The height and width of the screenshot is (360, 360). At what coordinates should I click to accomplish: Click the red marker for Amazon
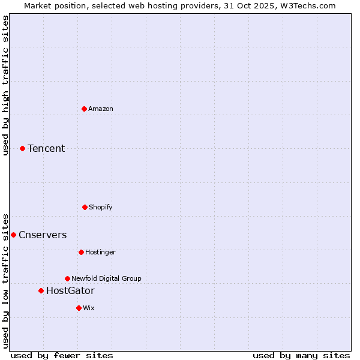coord(84,109)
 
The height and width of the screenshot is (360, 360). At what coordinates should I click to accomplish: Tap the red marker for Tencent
coord(22,148)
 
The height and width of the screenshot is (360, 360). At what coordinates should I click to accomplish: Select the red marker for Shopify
coord(85,207)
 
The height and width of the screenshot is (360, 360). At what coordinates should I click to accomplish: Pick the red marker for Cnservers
coord(13,235)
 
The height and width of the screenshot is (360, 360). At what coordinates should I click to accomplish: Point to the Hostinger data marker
coord(81,252)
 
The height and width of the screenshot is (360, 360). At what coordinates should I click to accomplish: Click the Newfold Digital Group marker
coord(67,278)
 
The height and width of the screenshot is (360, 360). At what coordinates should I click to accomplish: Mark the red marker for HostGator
coord(41,290)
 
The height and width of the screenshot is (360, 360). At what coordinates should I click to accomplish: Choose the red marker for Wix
coord(79,308)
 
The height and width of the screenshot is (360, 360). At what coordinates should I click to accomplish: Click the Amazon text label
coord(101,109)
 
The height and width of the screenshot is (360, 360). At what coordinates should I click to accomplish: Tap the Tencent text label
coord(46,148)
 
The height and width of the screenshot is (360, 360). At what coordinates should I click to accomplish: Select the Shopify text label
coord(101,207)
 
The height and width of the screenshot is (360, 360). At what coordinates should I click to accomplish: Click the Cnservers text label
coord(43,235)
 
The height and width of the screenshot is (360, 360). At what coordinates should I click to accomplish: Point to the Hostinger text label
coord(100,252)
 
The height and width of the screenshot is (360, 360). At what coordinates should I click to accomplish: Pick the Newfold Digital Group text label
coord(106,278)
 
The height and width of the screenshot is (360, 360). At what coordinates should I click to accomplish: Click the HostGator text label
coord(70,290)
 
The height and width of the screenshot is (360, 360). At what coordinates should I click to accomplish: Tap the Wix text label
coord(89,308)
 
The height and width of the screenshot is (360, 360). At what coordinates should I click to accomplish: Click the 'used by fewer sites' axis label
coord(62,355)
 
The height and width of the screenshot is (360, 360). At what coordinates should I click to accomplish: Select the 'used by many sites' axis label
coord(301,355)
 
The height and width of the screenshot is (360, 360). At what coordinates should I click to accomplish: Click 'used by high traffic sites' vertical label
coord(5,85)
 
